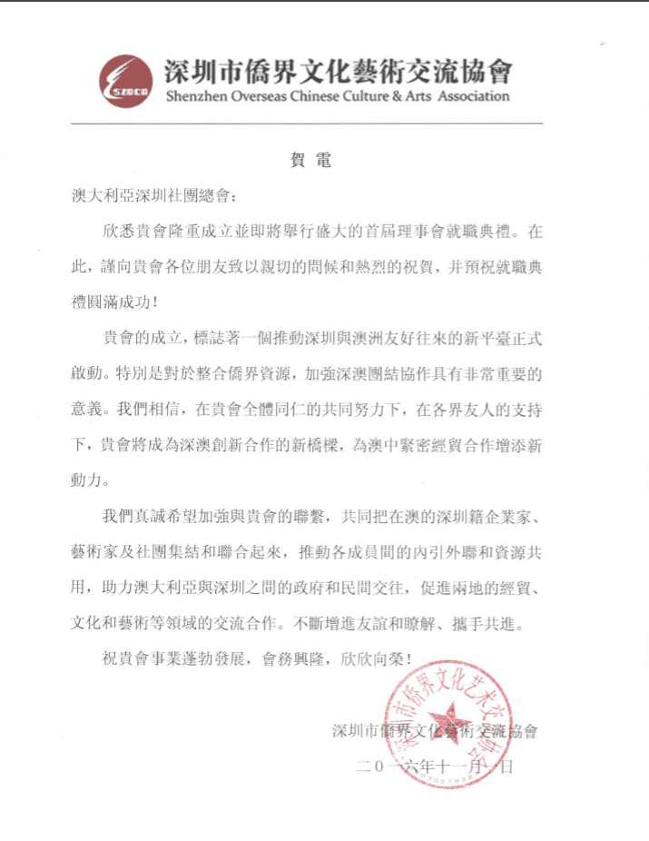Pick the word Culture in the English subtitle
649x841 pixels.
point(360,95)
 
